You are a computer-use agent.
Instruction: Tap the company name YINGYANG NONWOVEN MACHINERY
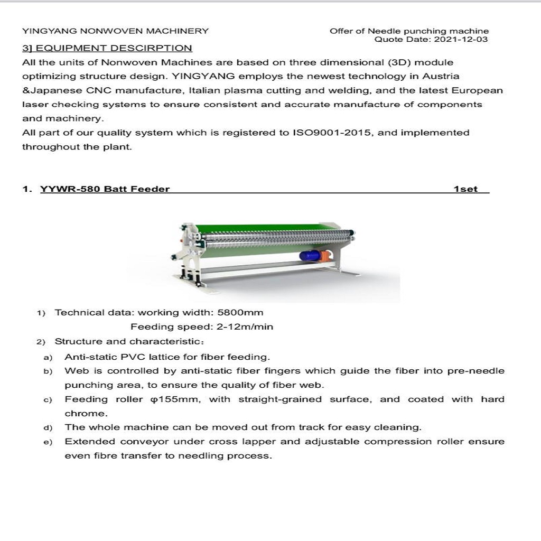point(115,31)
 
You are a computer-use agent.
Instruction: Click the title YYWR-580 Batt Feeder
point(105,189)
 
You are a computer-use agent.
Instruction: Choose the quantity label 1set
point(465,189)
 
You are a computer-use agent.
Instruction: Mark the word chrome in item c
point(86,414)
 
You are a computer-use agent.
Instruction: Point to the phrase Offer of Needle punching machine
point(409,31)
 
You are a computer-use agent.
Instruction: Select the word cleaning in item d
point(397,427)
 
